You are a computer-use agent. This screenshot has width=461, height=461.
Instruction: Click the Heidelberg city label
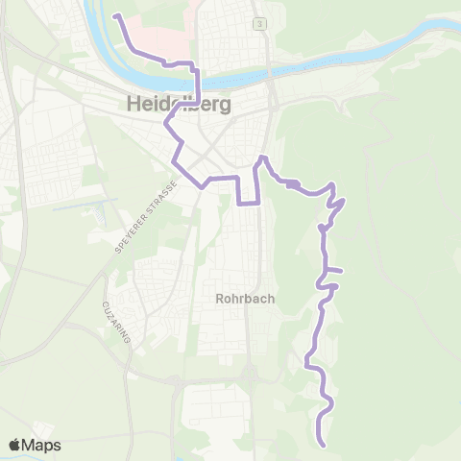(179, 105)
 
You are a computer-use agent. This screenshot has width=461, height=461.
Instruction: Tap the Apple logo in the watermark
(14, 445)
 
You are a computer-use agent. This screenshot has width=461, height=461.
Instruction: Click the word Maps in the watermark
(42, 445)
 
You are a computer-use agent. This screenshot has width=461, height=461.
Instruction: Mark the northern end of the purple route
(115, 16)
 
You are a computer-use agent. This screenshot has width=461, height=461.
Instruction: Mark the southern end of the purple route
(323, 446)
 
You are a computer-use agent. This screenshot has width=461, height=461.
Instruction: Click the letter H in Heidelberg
(133, 105)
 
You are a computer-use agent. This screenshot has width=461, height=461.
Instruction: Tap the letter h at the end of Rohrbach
(272, 299)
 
